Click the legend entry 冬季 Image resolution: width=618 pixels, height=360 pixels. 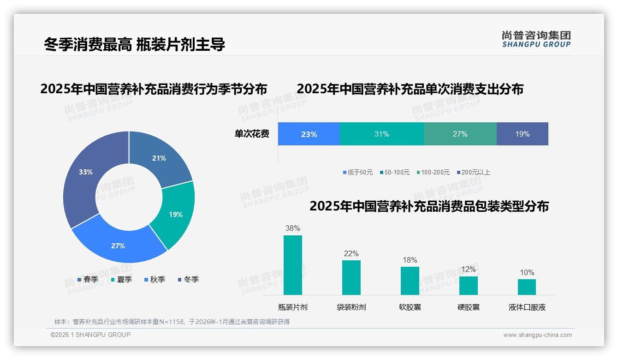[x=188, y=279]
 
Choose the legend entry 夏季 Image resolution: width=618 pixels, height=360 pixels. [x=121, y=279]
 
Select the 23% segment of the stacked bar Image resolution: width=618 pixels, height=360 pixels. [x=309, y=134]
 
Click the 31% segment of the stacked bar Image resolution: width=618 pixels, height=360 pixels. [x=381, y=134]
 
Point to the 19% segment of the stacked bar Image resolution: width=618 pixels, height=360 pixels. [x=522, y=134]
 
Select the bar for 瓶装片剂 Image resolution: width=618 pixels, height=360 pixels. [x=293, y=265]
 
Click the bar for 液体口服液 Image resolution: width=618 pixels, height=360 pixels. [x=527, y=287]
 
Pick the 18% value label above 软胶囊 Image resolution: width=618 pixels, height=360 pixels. [x=410, y=260]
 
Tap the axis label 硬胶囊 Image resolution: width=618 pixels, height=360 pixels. [x=468, y=307]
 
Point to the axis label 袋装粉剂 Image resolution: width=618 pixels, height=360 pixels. [x=351, y=307]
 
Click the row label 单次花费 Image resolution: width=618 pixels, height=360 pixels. [x=252, y=134]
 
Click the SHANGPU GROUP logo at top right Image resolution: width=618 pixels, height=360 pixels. [x=536, y=39]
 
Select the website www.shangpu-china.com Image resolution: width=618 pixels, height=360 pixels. [x=537, y=335]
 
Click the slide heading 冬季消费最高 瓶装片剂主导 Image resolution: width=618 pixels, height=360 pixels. [x=134, y=45]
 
